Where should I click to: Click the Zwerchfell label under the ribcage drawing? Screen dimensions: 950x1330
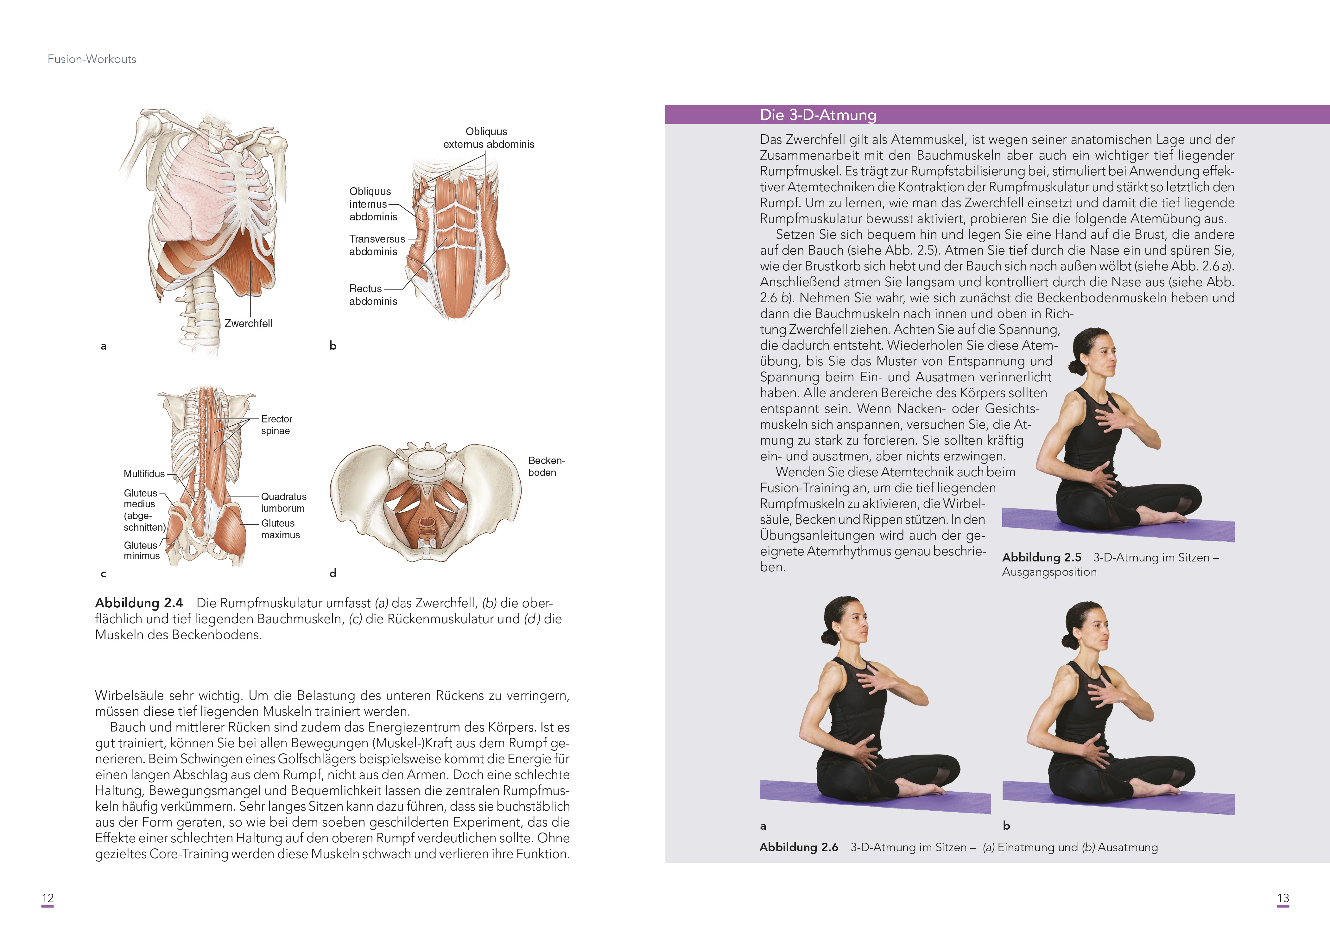(x=248, y=324)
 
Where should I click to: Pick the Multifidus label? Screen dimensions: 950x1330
(x=144, y=474)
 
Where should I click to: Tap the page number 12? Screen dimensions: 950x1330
(x=47, y=898)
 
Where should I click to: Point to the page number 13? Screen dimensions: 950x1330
(x=1282, y=898)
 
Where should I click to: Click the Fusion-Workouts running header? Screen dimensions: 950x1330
(x=92, y=59)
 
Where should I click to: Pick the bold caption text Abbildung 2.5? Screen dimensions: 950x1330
(x=1041, y=557)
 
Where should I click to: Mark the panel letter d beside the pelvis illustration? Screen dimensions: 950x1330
(x=333, y=573)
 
